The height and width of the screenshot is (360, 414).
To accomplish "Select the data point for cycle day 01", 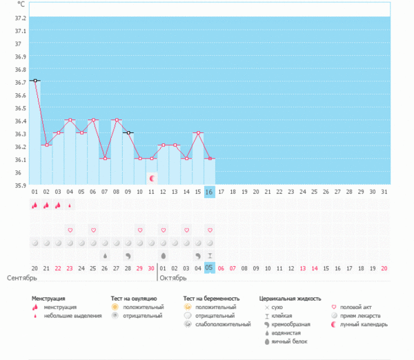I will [34, 81].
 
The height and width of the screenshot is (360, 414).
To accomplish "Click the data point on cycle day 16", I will [210, 159].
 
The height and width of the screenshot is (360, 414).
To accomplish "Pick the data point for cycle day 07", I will [105, 159].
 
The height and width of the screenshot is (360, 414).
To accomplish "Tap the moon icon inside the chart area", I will [152, 178].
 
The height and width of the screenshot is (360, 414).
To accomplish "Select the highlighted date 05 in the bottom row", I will [210, 268].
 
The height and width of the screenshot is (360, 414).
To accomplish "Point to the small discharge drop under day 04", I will [70, 205].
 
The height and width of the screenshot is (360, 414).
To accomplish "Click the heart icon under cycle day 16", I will [210, 230].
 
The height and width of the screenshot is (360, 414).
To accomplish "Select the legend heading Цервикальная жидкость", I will [290, 299].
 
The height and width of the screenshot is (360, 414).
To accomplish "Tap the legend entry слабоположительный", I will [222, 324].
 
